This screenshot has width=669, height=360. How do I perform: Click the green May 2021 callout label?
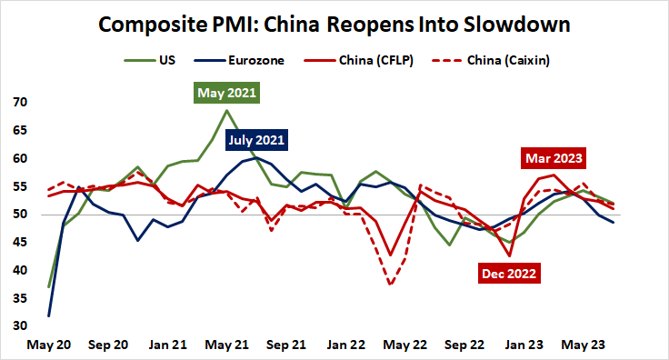coord(225,93)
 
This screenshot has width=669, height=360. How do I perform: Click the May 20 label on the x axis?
coord(49,345)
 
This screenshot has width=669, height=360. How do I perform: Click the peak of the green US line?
coord(226,111)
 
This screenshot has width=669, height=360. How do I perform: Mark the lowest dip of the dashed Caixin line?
coord(391,285)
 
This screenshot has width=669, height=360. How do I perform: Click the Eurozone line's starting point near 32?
coord(49,315)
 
